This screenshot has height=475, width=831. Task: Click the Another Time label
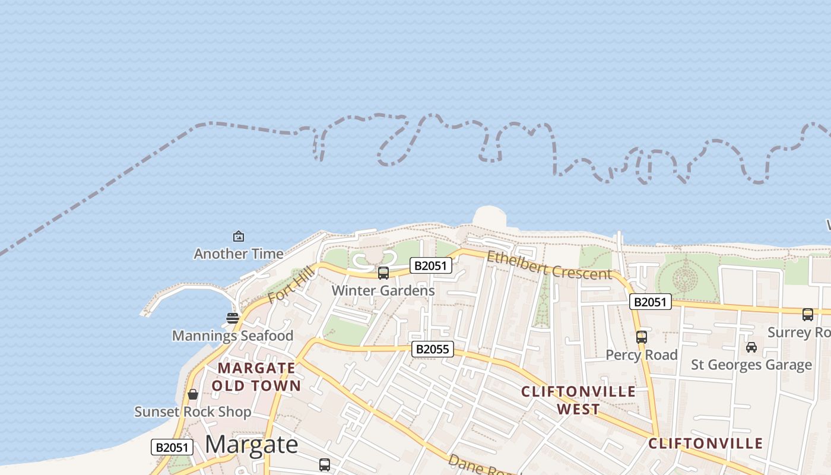pyautogui.click(x=239, y=254)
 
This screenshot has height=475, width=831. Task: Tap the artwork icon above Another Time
pyautogui.click(x=239, y=236)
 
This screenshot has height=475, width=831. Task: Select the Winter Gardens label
pyautogui.click(x=383, y=290)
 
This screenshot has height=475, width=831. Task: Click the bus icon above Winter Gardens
pyautogui.click(x=383, y=273)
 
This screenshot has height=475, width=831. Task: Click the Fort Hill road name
pyautogui.click(x=290, y=286)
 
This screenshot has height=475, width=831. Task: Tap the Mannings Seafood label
pyautogui.click(x=233, y=335)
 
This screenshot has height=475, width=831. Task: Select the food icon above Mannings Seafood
pyautogui.click(x=233, y=318)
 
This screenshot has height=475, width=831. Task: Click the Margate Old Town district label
pyautogui.click(x=256, y=377)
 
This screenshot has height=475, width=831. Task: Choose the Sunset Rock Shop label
pyautogui.click(x=192, y=411)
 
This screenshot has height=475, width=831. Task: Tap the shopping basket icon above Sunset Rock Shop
pyautogui.click(x=193, y=394)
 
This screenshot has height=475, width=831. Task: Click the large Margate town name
pyautogui.click(x=252, y=445)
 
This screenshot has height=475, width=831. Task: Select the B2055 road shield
pyautogui.click(x=432, y=349)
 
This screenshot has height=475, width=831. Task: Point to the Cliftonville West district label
pyautogui.click(x=578, y=400)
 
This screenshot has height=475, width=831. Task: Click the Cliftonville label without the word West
pyautogui.click(x=705, y=444)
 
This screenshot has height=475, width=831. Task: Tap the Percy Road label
pyautogui.click(x=641, y=354)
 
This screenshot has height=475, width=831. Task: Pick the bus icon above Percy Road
pyautogui.click(x=641, y=337)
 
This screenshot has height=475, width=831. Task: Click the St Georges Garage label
pyautogui.click(x=751, y=365)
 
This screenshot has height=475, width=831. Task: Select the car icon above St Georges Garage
pyautogui.click(x=751, y=347)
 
